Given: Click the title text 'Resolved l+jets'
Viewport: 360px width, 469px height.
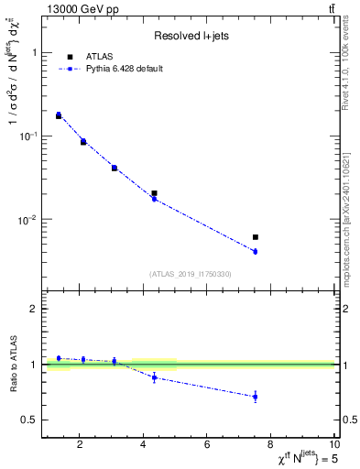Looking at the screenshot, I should point(190,36).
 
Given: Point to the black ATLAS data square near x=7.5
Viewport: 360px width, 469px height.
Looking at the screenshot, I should point(256,237).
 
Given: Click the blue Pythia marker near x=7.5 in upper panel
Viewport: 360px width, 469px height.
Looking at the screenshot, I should point(256,251).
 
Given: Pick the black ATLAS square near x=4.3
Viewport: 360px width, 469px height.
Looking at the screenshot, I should point(154,193).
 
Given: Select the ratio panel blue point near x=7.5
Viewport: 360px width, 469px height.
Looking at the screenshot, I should point(256,397).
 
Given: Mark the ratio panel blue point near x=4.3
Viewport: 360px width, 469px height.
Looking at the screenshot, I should point(154,376).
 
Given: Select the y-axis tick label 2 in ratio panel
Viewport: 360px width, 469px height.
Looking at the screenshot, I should point(33,310).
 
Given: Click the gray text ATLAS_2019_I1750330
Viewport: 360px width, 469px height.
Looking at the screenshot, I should point(190,274).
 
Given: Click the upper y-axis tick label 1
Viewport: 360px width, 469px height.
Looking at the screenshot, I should point(33,52).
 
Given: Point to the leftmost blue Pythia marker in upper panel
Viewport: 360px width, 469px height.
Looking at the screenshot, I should point(59,115).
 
